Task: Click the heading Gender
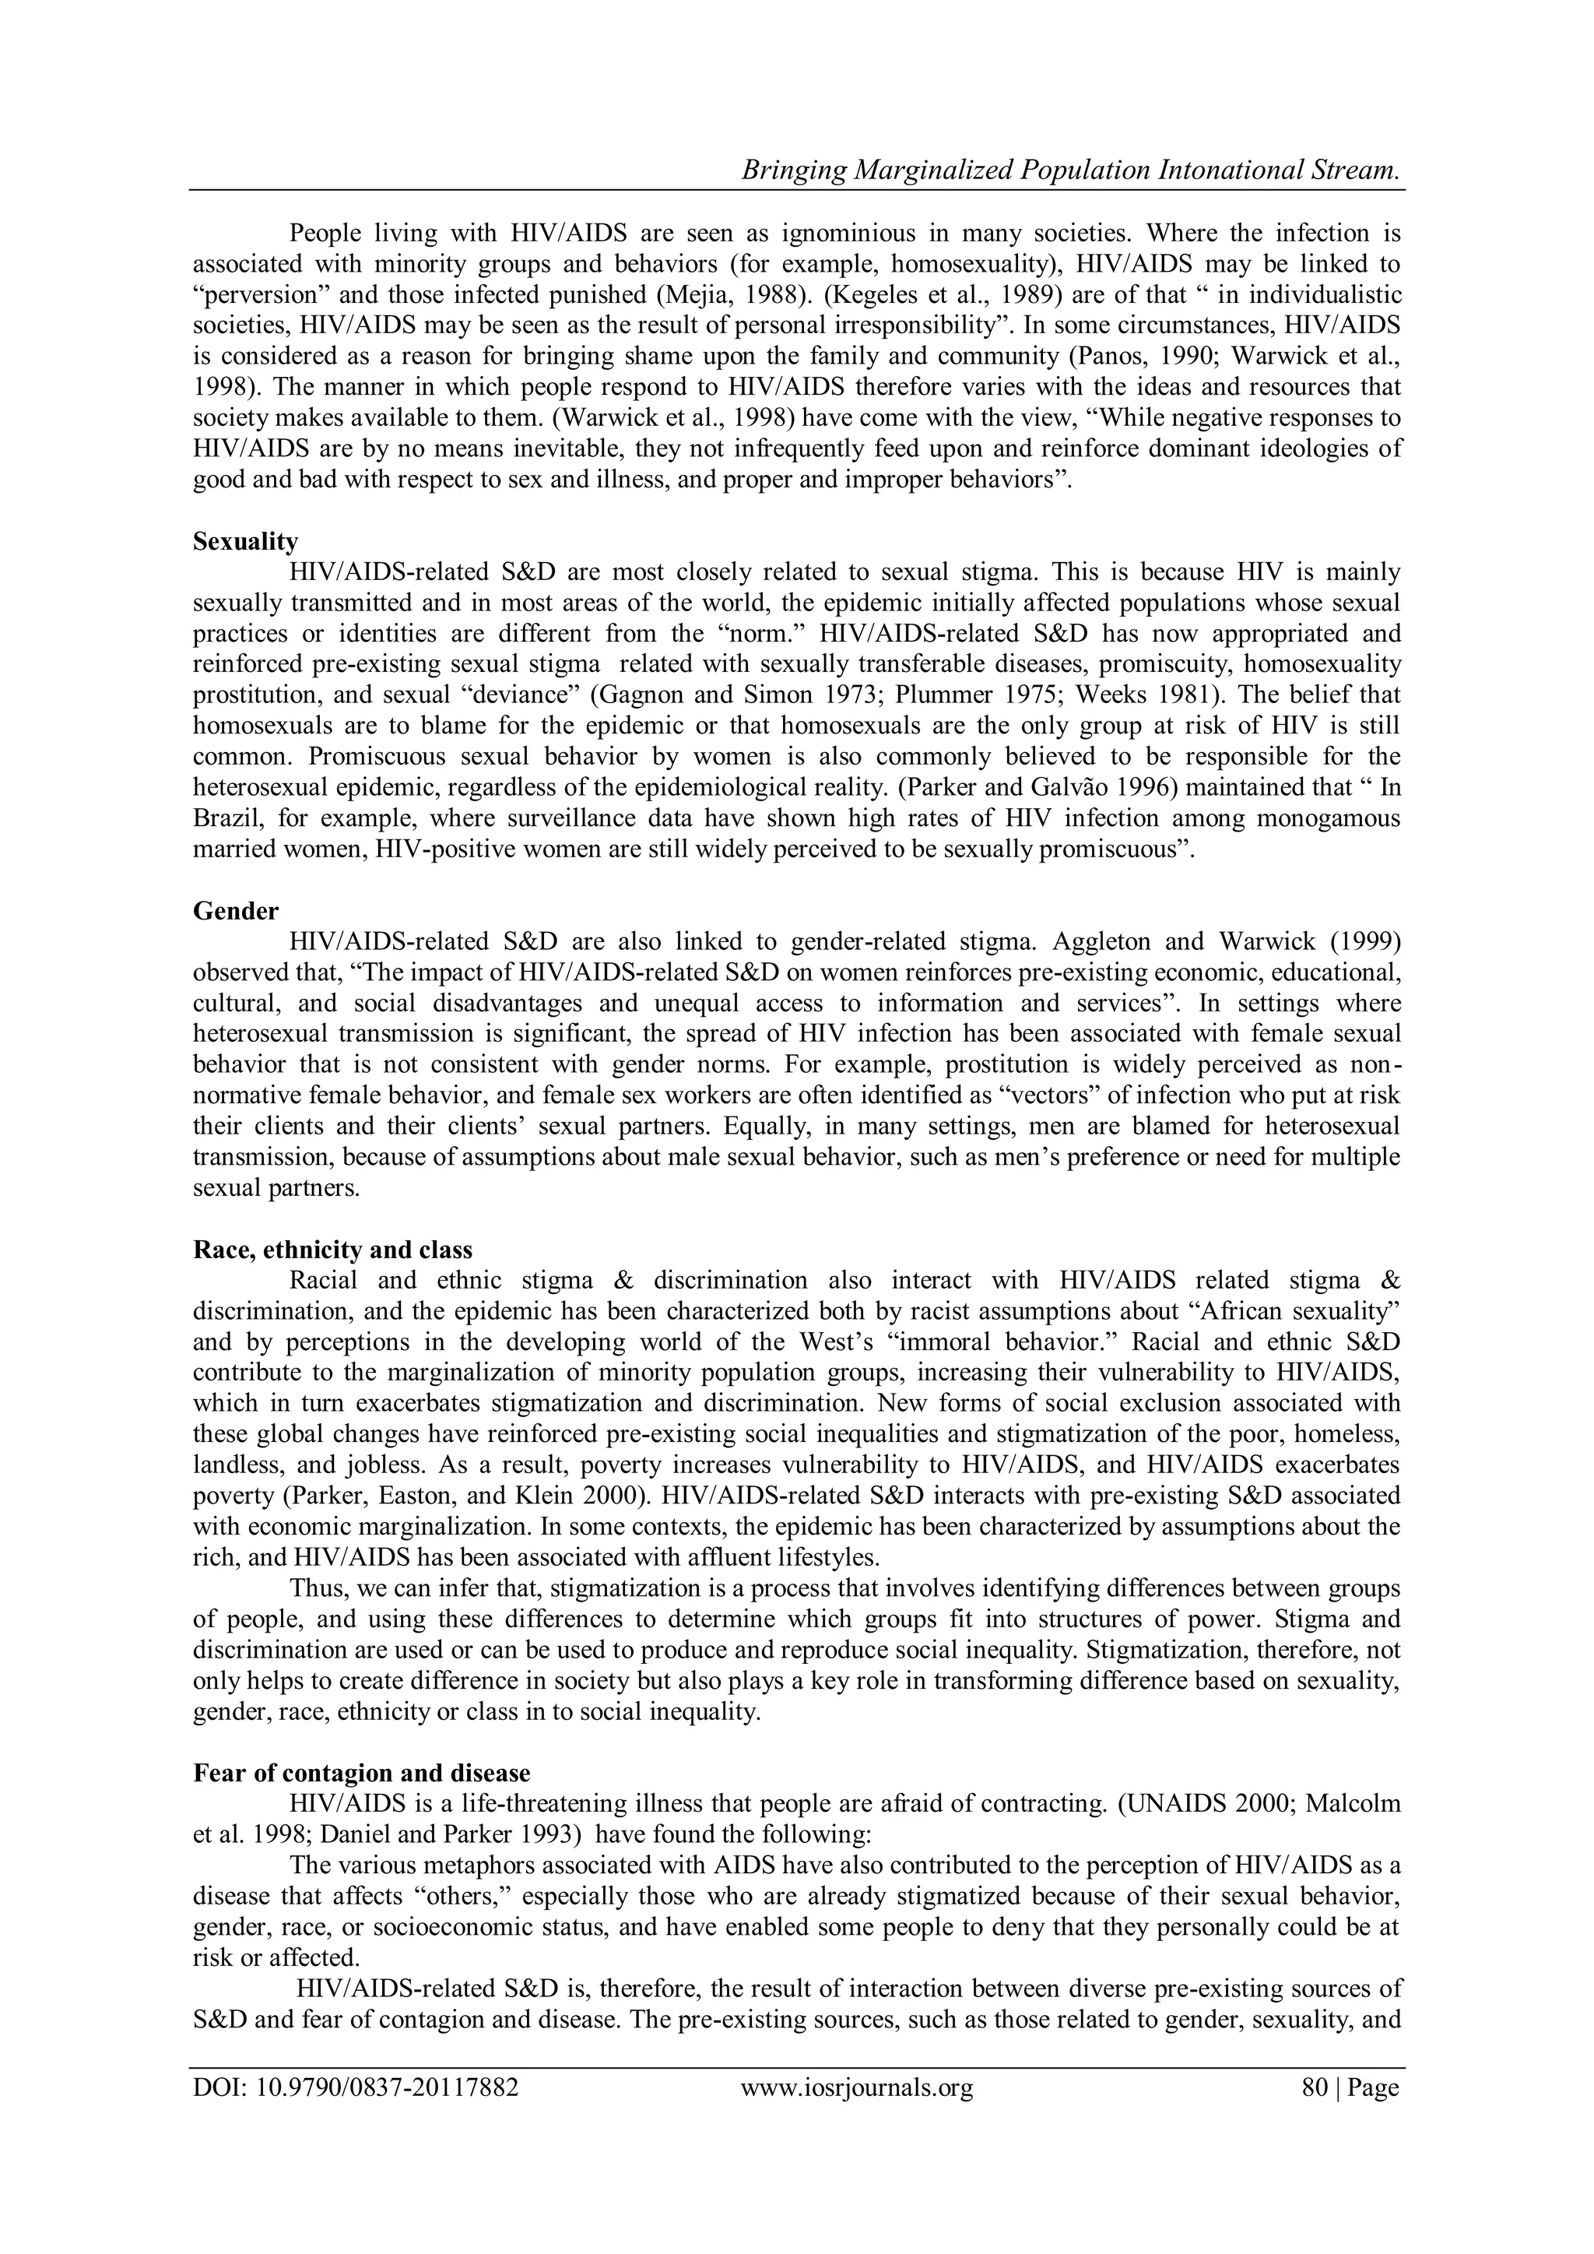click(236, 911)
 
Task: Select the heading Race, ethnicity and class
click(333, 1250)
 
